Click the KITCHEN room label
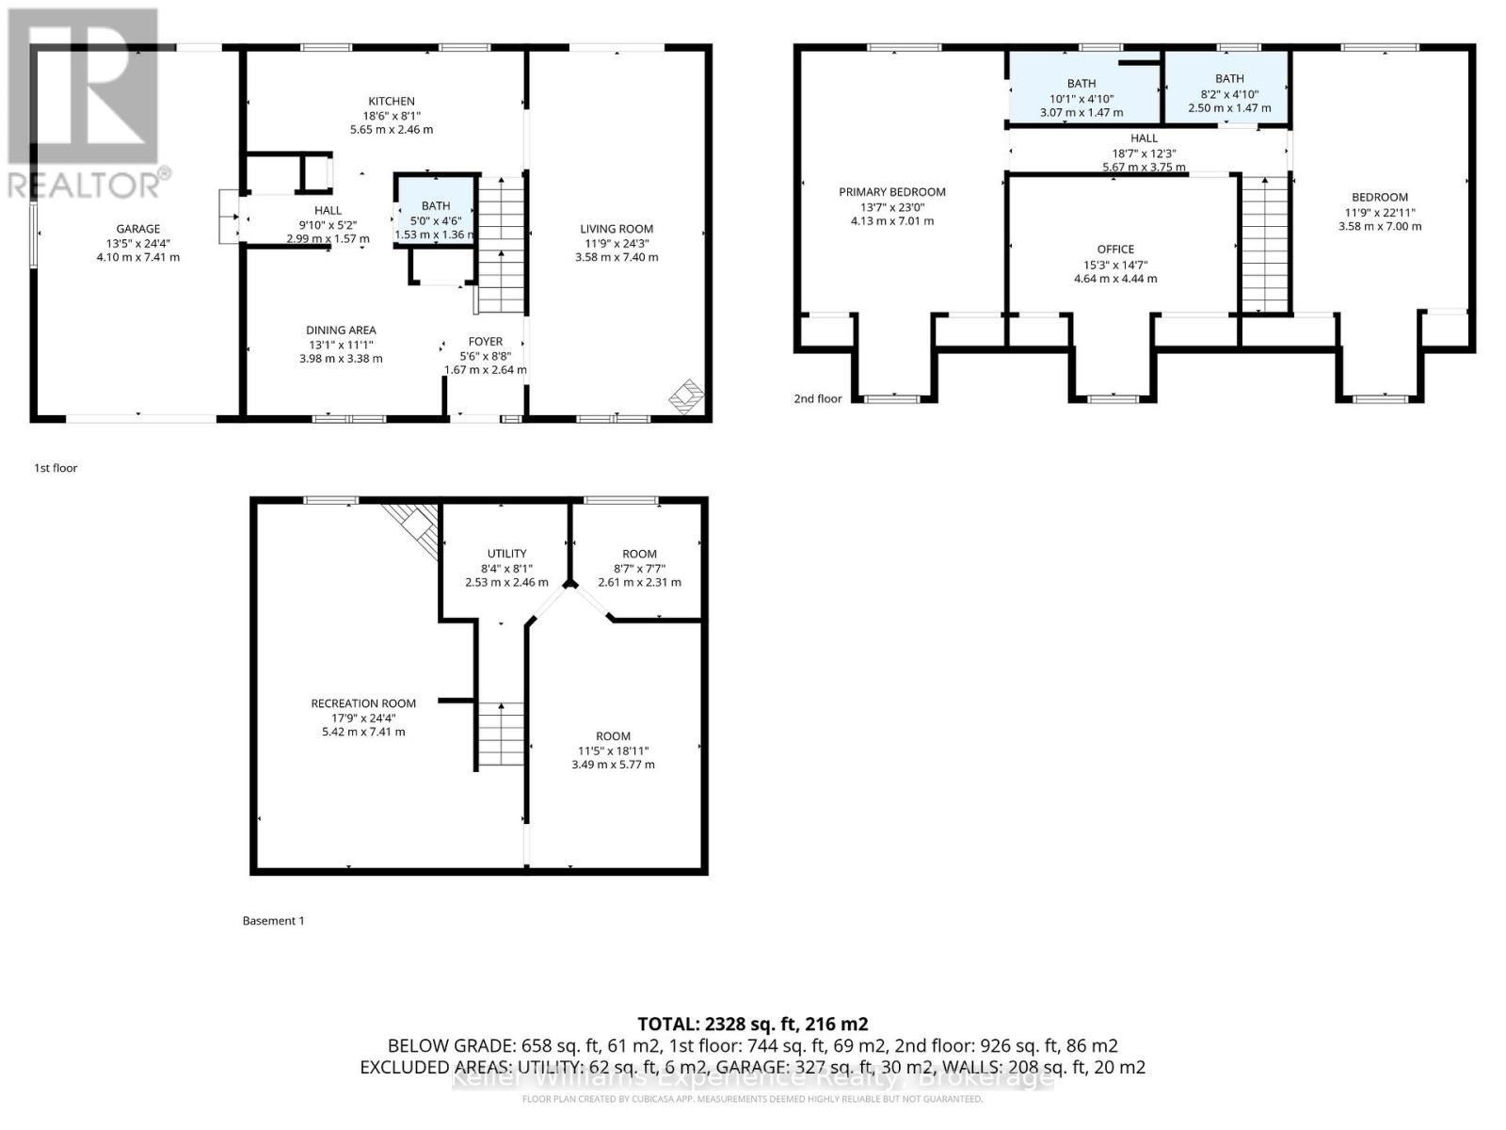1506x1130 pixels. point(391,101)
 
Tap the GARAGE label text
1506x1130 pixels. point(138,229)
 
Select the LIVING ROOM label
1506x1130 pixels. point(617,229)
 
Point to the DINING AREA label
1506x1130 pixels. point(341,330)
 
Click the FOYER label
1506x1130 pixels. point(485,341)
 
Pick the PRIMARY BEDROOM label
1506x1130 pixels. point(892,192)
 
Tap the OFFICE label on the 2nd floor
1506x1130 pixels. point(1115,249)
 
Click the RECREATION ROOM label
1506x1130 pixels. point(363,703)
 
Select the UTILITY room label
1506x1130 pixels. point(507,553)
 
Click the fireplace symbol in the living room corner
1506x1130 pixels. point(687,396)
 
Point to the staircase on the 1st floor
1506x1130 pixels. point(502,245)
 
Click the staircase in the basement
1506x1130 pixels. point(501,734)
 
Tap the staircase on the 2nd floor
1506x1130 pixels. point(1264,244)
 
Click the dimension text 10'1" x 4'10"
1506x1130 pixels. point(1081,99)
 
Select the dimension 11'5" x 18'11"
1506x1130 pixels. point(613,751)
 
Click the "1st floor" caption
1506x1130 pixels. point(56,468)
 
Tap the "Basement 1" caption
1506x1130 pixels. point(273,921)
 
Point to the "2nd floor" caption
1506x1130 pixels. point(817,398)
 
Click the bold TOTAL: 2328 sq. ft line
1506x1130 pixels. point(753,1025)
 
